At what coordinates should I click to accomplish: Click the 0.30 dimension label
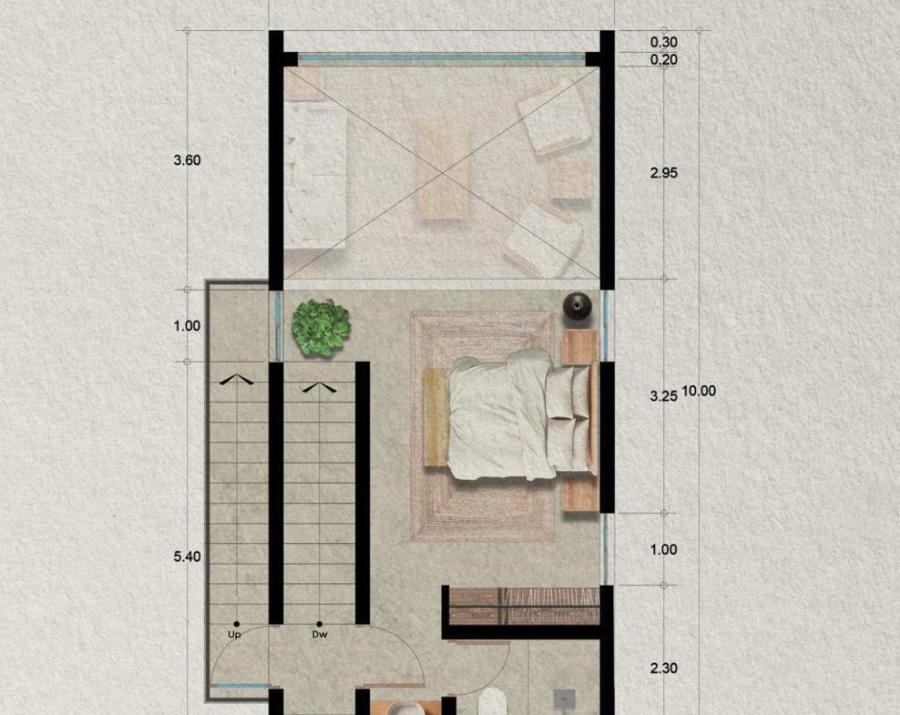point(663,42)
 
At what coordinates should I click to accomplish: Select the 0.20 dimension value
point(663,60)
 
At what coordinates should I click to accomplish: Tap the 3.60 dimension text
point(187,160)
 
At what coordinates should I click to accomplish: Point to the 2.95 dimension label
point(663,173)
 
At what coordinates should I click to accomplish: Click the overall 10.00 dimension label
point(699,392)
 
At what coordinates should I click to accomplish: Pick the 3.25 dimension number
point(663,396)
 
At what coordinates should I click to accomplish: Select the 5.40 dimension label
point(187,557)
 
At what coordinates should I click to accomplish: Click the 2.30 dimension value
point(663,668)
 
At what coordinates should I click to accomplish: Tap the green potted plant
point(321,328)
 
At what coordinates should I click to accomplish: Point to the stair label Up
point(234,635)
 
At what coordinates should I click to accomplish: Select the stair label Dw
point(320,635)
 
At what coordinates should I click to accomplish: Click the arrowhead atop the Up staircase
point(236,379)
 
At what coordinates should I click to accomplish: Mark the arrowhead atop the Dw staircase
point(320,388)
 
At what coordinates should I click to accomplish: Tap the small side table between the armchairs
point(570,179)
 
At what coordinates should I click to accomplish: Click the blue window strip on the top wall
point(442,57)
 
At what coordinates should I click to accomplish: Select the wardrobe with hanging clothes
point(525,606)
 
